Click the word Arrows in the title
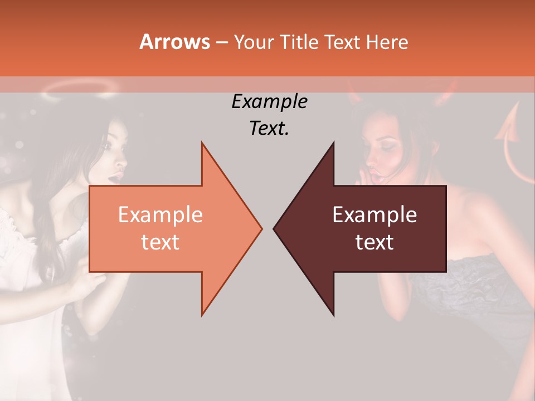tap(175, 42)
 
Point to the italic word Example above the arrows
tap(269, 102)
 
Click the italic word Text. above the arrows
tap(269, 128)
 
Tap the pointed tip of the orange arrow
tap(260, 228)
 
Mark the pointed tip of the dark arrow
tap(275, 228)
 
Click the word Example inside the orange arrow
tap(160, 215)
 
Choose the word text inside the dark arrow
tap(374, 242)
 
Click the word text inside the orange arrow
tap(160, 242)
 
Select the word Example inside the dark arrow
tap(374, 215)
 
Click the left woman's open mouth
tap(115, 177)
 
